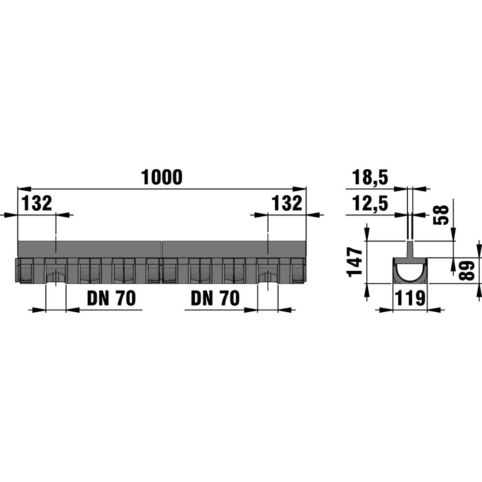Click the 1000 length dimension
pos(161,177)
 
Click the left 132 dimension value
pos(37,203)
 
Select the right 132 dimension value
pos(287,203)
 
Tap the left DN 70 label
pos(111,298)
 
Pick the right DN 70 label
pos(215,298)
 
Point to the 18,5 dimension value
pos(370,177)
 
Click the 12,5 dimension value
pos(370,203)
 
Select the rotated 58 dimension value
pos(441,215)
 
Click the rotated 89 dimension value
pos(466,270)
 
